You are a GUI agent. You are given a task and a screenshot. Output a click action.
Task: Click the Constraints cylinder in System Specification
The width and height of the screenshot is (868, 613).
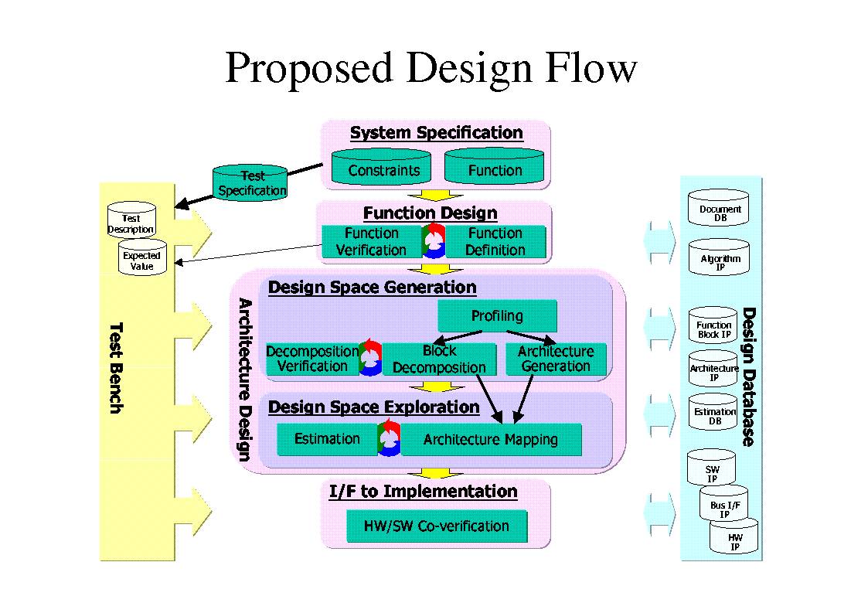pos(383,168)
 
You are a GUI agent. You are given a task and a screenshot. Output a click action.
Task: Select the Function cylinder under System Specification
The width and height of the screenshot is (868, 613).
pos(495,168)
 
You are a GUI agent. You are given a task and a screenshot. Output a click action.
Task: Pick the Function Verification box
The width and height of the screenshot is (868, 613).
pos(371,242)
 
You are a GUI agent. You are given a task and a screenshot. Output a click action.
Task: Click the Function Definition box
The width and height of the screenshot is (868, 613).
pos(495,242)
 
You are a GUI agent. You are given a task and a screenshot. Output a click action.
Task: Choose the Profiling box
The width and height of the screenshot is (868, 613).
pos(497,315)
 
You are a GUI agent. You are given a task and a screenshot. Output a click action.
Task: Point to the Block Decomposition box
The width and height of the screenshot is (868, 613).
pos(439,359)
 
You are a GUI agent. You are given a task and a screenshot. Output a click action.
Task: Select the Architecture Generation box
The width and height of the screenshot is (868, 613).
pos(556,359)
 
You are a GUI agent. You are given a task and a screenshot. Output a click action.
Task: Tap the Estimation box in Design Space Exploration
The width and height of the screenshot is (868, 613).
pos(327,439)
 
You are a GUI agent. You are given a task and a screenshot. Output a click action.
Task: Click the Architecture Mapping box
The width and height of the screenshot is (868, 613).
pos(491,439)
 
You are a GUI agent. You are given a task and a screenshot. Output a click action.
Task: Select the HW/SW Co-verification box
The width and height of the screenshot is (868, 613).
pos(437,526)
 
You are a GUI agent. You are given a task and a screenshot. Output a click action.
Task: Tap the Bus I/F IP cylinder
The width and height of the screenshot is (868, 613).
pos(724,505)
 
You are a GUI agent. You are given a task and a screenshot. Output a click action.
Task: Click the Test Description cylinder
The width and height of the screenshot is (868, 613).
pos(131,220)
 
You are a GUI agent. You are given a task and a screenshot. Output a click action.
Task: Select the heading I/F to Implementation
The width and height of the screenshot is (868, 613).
pos(423,492)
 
